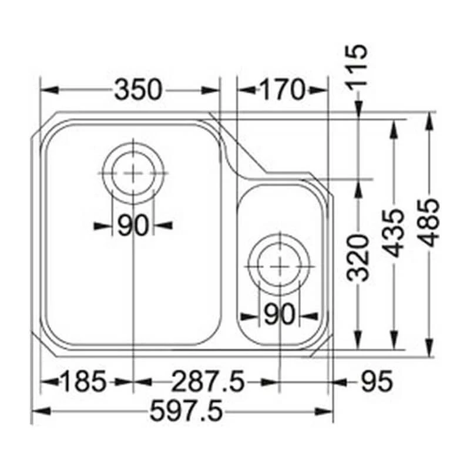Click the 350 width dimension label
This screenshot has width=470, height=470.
point(137,90)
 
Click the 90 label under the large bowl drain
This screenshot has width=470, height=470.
point(132,225)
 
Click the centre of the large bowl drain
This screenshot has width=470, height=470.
point(134,173)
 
